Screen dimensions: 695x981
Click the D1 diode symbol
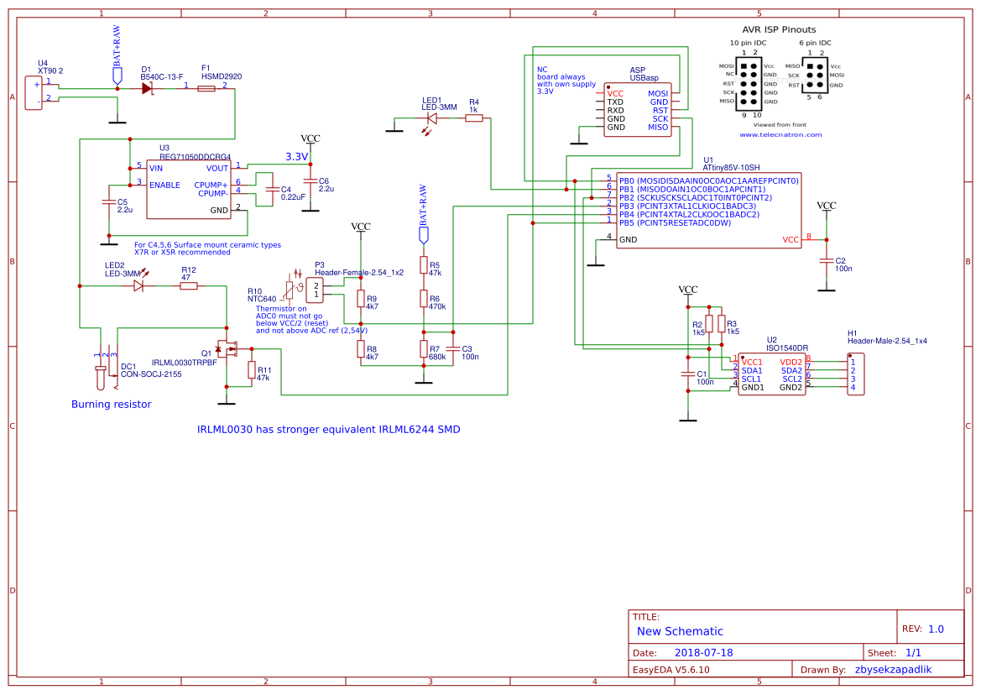[149, 88]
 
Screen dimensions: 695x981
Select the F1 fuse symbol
[206, 88]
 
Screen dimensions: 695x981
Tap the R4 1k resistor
[474, 118]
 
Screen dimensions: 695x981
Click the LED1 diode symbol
[431, 118]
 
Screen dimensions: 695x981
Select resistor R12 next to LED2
[189, 286]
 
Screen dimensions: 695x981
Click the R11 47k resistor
[251, 370]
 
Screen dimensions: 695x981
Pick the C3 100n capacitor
[453, 348]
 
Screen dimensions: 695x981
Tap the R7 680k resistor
[424, 349]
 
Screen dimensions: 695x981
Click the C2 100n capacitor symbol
[827, 263]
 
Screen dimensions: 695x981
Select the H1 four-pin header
[855, 374]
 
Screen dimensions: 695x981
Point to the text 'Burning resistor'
[111, 405]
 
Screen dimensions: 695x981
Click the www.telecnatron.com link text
[780, 134]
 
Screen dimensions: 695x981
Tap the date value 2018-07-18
[704, 652]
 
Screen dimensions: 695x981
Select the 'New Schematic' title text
[680, 631]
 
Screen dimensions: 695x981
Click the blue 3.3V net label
[297, 157]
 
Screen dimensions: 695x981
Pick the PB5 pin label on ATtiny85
[628, 222]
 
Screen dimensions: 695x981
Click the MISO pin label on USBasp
[658, 128]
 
